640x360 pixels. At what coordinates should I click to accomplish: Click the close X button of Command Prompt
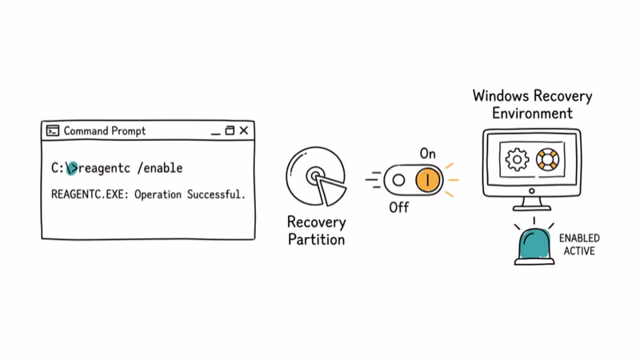[x=244, y=130]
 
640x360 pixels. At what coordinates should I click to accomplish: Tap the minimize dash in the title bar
[x=214, y=132]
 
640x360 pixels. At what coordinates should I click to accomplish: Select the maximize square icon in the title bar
[x=230, y=130]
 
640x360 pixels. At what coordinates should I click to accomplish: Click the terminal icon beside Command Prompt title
[x=53, y=131]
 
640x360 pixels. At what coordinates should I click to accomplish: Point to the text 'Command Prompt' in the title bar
[x=105, y=131]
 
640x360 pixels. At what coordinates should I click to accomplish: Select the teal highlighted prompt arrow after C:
[x=72, y=168]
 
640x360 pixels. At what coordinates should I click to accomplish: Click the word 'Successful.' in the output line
[x=216, y=194]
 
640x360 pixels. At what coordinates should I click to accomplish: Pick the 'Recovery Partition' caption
[x=316, y=230]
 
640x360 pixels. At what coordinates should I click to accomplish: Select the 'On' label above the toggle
[x=427, y=153]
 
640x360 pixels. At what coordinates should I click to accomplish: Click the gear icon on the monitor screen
[x=518, y=159]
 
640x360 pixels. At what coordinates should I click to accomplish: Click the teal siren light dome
[x=534, y=245]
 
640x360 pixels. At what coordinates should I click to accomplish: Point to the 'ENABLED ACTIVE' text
[x=579, y=245]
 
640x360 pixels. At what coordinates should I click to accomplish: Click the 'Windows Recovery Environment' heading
[x=532, y=104]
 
